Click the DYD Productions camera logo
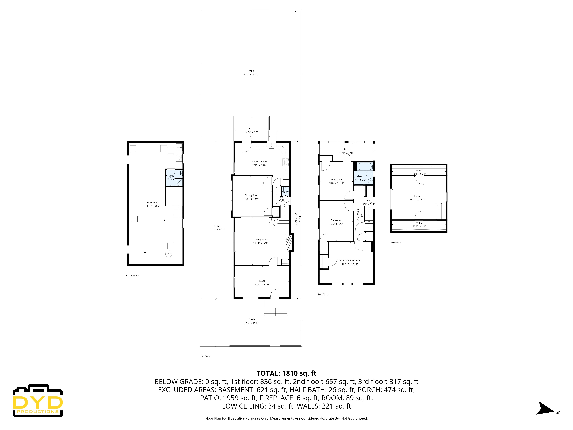[x=38, y=400]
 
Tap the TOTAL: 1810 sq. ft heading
[x=286, y=373]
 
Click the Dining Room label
[x=252, y=197]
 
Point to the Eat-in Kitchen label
[x=259, y=163]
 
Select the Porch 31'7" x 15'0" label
[x=251, y=321]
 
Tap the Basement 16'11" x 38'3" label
[x=153, y=204]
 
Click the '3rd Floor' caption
[x=396, y=242]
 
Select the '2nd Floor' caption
[x=323, y=294]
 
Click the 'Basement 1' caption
[x=132, y=275]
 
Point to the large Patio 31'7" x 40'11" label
[x=251, y=73]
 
